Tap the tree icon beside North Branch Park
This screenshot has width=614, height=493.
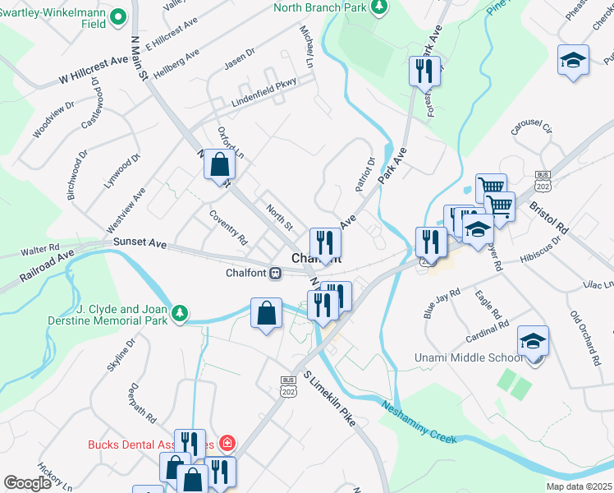(378, 8)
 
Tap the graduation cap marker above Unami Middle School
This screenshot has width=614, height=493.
(533, 342)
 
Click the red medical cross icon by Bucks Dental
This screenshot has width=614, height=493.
(227, 445)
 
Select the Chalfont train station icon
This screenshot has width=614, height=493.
(277, 274)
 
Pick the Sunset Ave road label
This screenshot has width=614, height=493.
(140, 244)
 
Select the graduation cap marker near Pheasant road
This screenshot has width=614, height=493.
(573, 61)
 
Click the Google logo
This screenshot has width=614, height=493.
(27, 483)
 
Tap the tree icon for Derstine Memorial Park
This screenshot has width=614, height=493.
(180, 313)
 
